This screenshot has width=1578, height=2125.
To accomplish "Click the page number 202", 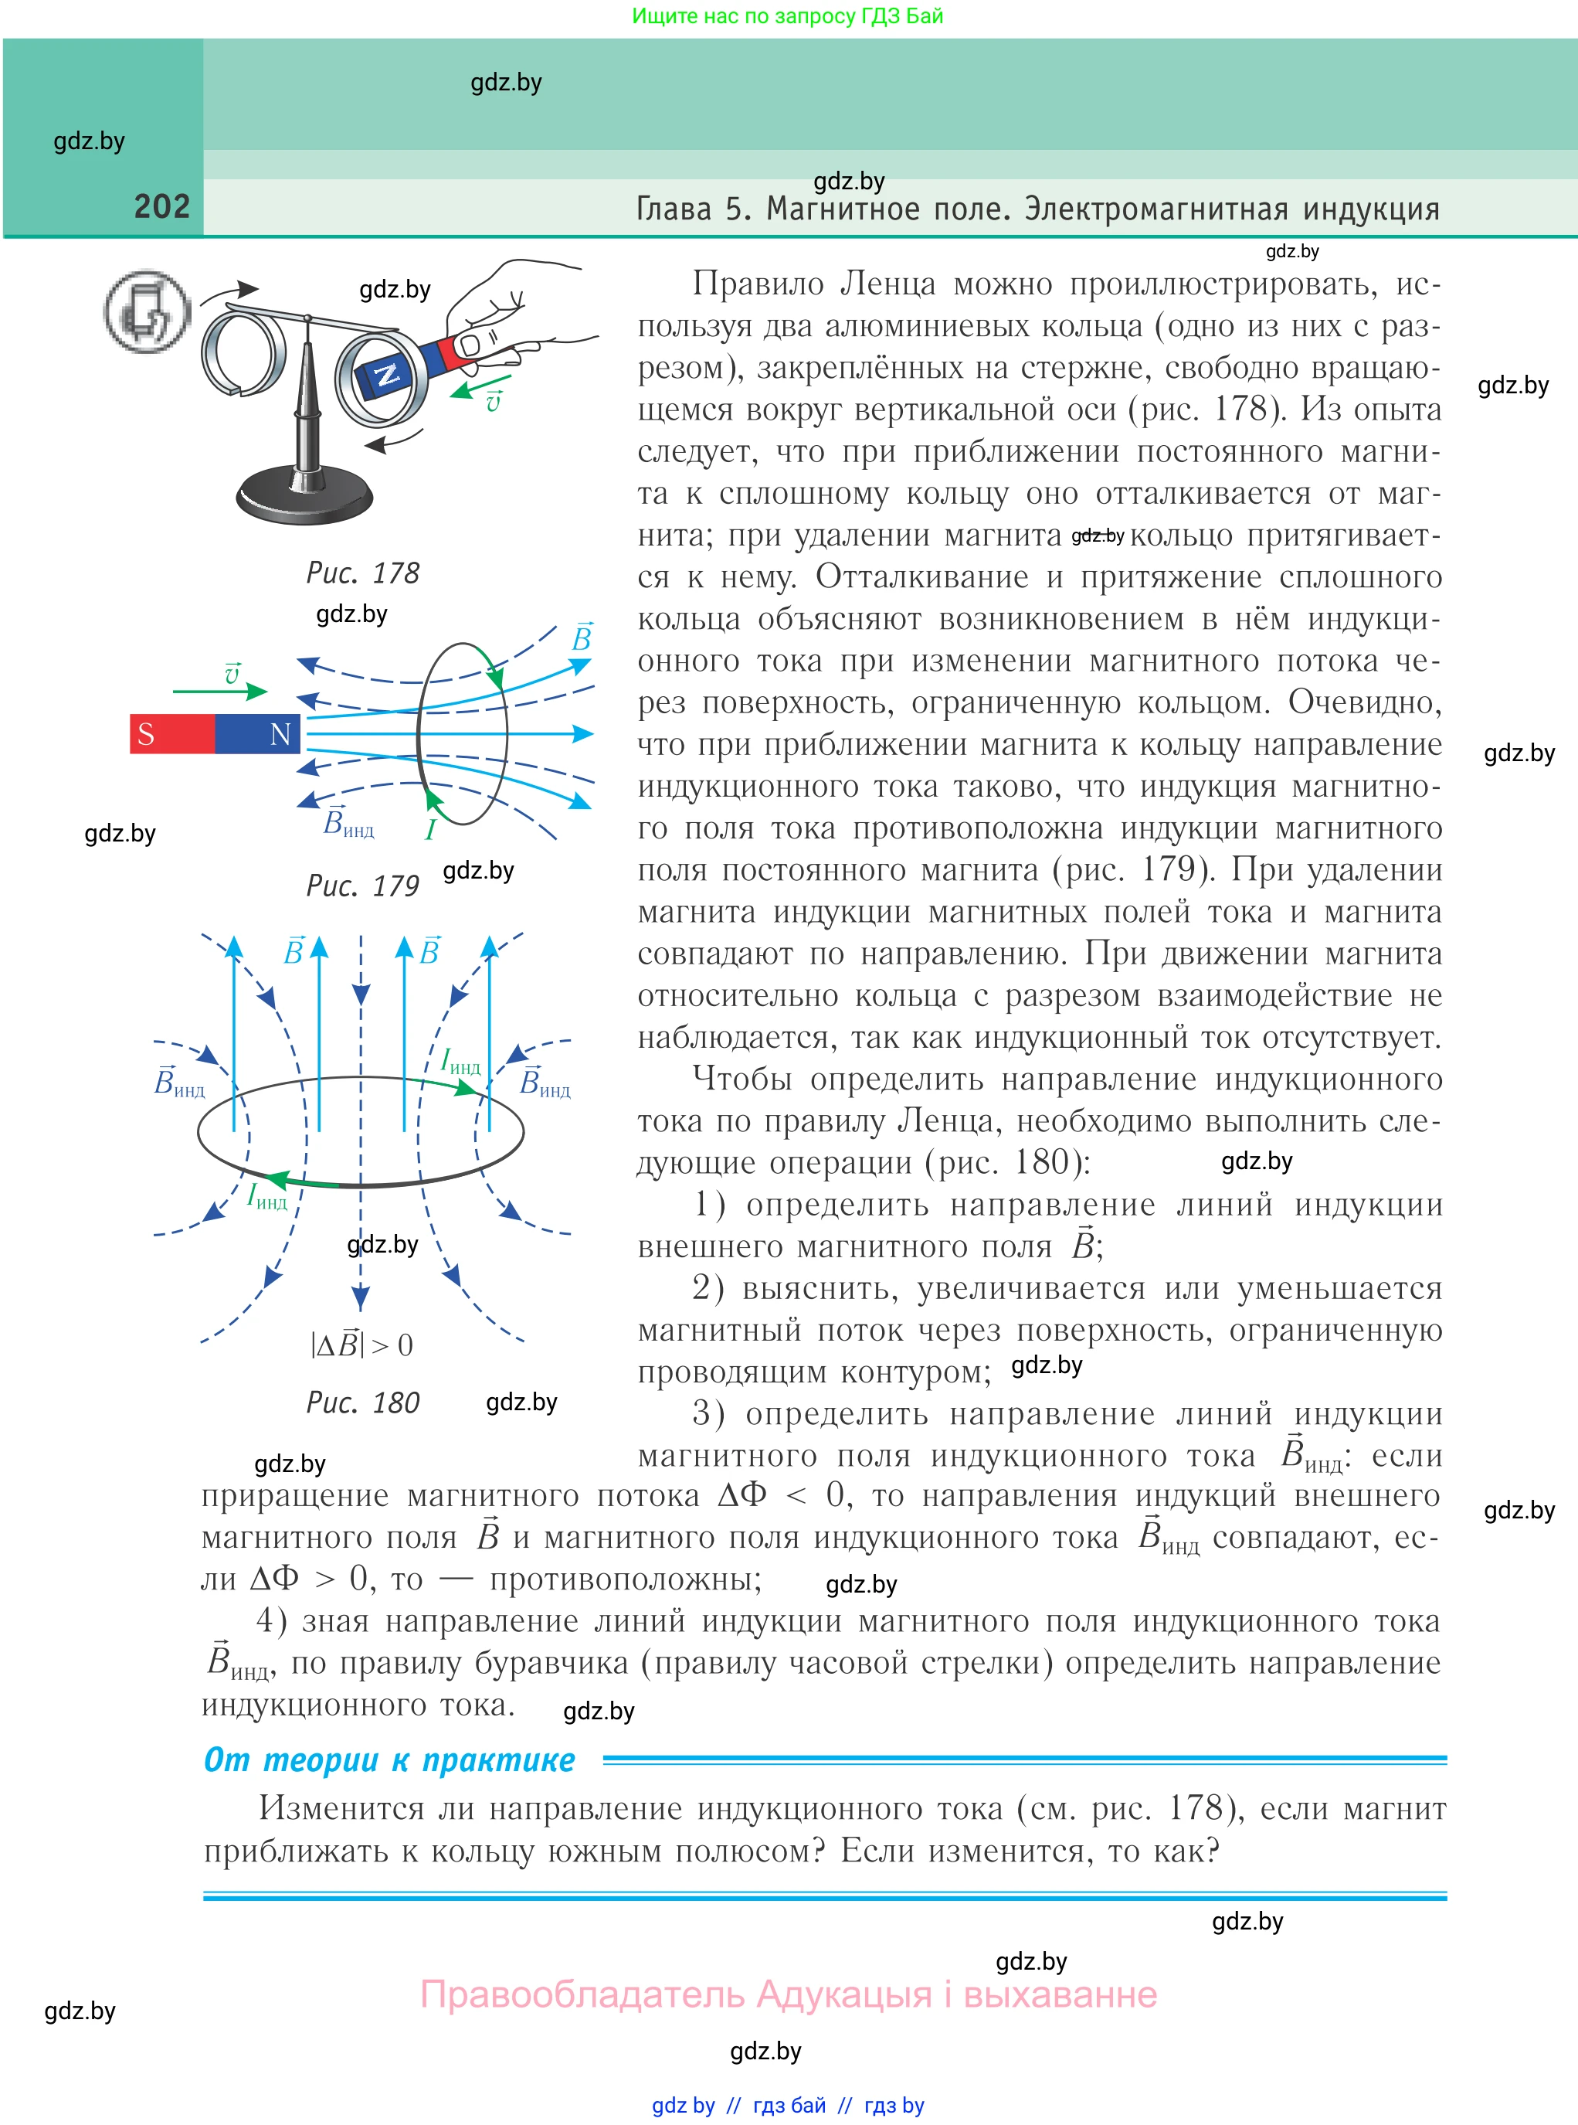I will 161,206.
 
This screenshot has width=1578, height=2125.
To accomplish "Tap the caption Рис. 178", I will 362,573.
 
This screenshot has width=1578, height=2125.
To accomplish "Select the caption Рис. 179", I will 362,886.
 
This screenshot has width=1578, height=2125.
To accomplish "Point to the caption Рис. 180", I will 362,1402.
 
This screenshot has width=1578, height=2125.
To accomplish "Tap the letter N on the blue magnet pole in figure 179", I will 280,734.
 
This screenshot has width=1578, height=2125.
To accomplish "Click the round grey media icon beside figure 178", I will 147,311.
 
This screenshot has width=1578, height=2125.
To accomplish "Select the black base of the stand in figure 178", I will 304,497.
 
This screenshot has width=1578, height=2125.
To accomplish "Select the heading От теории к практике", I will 389,1760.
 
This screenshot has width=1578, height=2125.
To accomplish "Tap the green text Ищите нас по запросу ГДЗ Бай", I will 787,16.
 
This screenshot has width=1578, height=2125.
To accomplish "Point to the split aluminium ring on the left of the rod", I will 241,350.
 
